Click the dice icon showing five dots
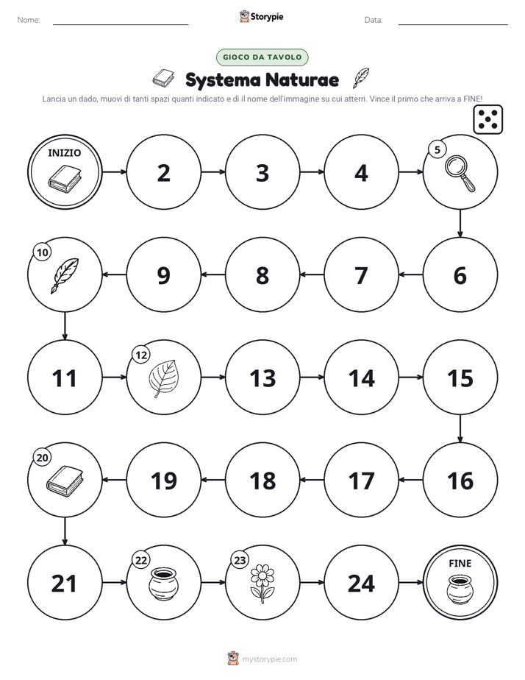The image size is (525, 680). [x=488, y=118]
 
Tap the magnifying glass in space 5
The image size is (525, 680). [x=460, y=174]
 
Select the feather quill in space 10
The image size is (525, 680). [x=65, y=276]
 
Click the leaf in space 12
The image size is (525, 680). [x=163, y=378]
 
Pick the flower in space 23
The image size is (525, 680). [x=262, y=584]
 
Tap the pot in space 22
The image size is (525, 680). [x=163, y=584]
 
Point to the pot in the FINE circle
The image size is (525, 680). [x=460, y=589]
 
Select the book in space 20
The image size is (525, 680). [x=65, y=481]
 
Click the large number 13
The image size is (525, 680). [x=262, y=378]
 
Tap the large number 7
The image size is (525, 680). [x=361, y=276]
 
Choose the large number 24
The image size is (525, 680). [x=361, y=584]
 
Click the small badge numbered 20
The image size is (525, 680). [x=43, y=458]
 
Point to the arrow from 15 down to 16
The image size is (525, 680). [x=460, y=428]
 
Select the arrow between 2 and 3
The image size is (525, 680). [x=213, y=172]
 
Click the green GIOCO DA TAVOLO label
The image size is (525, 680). [x=262, y=57]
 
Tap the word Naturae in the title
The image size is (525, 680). [x=302, y=79]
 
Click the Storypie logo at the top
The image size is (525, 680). [x=261, y=16]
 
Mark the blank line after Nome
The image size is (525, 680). [x=121, y=24]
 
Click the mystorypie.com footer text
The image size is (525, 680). [x=269, y=659]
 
